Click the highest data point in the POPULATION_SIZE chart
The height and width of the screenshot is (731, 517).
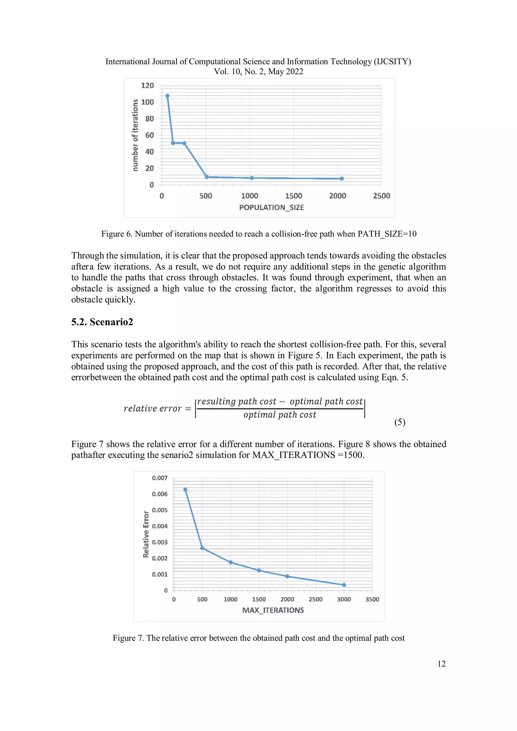point(167,96)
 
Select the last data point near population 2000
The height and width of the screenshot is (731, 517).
point(342,179)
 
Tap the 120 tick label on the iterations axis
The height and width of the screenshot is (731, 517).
point(147,85)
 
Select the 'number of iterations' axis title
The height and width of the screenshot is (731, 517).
point(135,135)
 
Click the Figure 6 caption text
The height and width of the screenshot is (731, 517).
point(258,234)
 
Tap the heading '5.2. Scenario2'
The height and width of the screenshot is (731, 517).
point(102,322)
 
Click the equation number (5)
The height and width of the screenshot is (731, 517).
point(400,422)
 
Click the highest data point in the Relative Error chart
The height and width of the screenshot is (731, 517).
point(185,490)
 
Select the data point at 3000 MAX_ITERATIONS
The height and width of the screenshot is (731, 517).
point(344,585)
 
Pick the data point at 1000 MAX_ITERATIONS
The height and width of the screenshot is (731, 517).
point(230,562)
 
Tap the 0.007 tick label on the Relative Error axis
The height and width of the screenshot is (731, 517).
point(160,478)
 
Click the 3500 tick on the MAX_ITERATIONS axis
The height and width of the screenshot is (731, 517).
point(372,599)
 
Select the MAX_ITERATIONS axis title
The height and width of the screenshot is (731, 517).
point(273,610)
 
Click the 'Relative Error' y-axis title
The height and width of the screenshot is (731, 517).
point(146,534)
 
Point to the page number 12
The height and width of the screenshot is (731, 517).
point(441,664)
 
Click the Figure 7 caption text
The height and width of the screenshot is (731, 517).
point(258,638)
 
